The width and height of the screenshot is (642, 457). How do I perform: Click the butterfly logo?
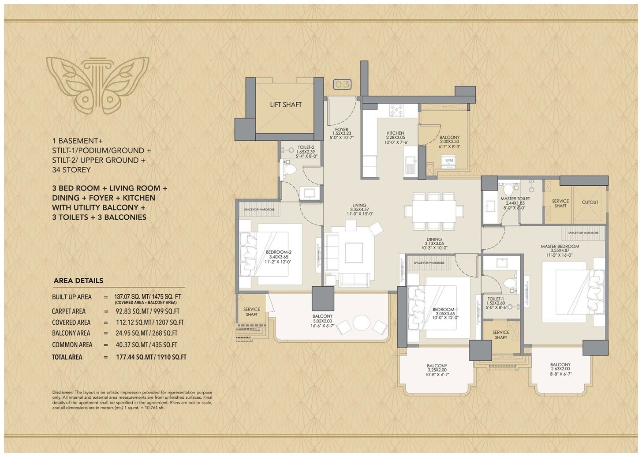98,84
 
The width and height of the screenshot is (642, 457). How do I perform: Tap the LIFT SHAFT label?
286,105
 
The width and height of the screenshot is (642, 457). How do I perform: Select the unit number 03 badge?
342,84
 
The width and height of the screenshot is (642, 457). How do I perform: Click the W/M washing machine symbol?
449,161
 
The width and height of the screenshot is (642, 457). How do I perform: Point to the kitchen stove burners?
396,110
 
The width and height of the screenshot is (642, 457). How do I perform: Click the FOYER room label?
341,130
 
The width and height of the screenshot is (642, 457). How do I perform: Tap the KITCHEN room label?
396,133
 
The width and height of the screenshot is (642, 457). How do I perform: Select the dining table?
434,211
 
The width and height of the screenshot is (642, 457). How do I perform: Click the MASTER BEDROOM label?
560,247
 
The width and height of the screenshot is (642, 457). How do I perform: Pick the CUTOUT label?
590,202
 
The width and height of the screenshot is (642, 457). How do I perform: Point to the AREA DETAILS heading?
78,281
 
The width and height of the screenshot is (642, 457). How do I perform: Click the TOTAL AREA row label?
67,357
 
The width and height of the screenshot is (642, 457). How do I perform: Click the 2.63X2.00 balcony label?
560,369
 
